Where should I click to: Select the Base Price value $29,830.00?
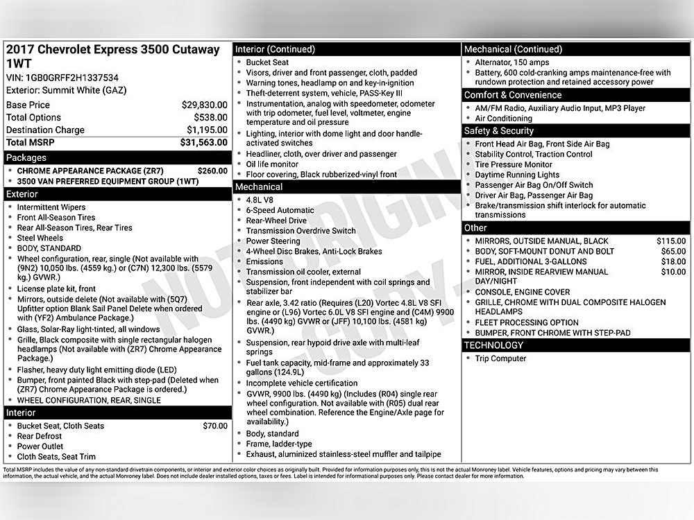pos(204,105)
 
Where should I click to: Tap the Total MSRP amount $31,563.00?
pos(204,142)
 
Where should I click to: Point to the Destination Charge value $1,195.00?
pos(207,130)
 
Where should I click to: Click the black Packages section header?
pos(117,157)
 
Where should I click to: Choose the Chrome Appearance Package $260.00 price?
pos(212,170)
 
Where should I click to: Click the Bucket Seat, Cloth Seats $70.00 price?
pos(214,426)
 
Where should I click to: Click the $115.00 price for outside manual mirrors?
pos(670,241)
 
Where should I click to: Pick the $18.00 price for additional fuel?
pos(673,261)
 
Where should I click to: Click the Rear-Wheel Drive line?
pos(276,220)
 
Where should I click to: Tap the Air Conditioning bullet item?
pos(503,119)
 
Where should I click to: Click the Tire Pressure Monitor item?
pos(514,164)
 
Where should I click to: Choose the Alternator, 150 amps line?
pos(511,62)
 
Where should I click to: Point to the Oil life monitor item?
pos(272,164)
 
